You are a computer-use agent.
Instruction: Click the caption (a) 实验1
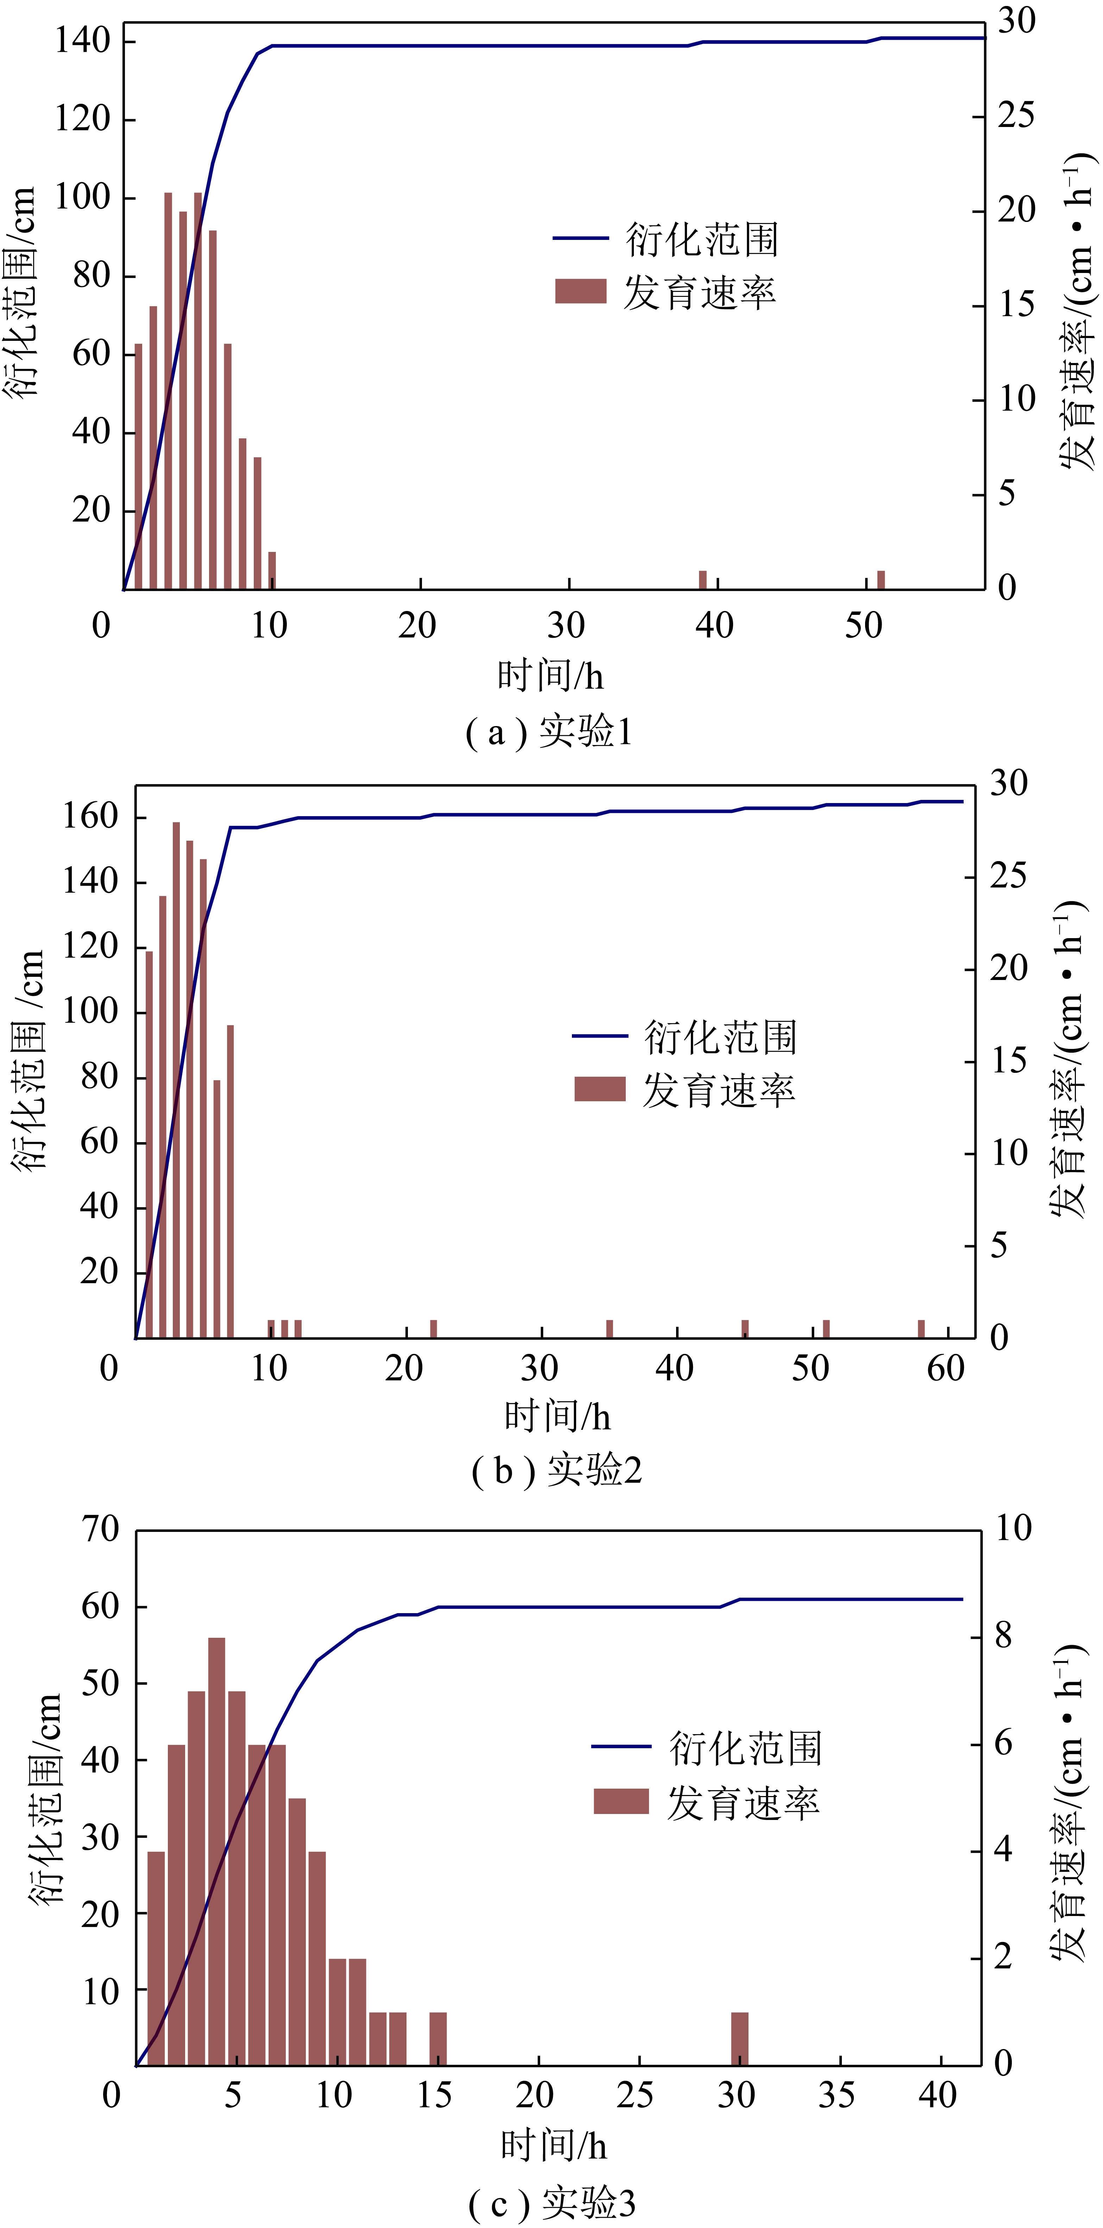tap(549, 733)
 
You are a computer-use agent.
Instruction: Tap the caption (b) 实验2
tap(556, 1470)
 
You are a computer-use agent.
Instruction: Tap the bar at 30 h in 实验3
tap(740, 2039)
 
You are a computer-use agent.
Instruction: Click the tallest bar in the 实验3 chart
tap(216, 1851)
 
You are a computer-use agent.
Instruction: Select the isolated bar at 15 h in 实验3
tap(439, 2039)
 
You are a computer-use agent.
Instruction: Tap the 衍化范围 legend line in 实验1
tap(580, 238)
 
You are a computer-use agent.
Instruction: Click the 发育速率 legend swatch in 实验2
tap(599, 1089)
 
